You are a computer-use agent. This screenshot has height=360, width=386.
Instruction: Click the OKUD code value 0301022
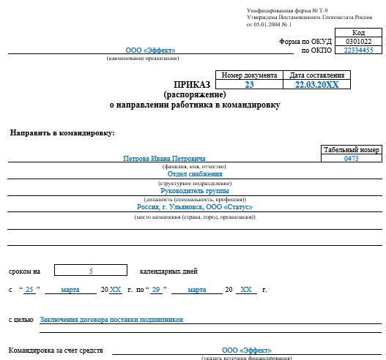coord(358,42)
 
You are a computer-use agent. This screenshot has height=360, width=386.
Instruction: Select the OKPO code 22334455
coord(358,50)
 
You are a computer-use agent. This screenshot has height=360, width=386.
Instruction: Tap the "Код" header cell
coord(358,33)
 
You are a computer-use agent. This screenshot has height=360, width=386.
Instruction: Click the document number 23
coord(249,85)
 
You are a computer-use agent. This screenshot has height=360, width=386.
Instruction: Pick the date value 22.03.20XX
coord(316,85)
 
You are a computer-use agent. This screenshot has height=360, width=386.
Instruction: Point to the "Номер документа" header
coord(249,75)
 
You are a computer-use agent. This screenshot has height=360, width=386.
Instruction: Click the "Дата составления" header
coord(316,75)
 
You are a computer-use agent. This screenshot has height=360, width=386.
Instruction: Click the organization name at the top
coord(150,50)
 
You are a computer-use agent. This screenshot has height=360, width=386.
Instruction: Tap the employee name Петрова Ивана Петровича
coord(165,159)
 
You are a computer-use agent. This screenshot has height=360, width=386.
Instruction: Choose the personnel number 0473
coord(351,159)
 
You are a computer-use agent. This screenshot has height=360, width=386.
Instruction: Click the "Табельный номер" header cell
coord(351,150)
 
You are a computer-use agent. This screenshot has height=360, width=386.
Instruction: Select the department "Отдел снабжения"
coord(195,174)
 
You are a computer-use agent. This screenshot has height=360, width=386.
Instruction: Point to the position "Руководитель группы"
coord(194,190)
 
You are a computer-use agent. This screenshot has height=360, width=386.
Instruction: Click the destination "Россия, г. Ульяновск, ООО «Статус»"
coord(194,207)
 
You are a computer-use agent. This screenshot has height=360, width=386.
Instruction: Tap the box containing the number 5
coord(91,271)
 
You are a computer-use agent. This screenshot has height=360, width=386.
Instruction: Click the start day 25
coord(29,290)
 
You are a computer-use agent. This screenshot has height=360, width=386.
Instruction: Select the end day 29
coord(156,290)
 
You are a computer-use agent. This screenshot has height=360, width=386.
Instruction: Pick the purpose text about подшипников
coord(111,319)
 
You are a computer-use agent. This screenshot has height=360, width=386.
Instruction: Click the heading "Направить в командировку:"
coord(62,132)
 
